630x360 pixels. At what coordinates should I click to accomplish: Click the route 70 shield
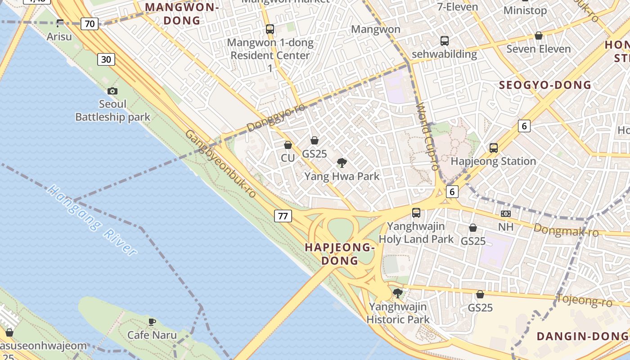tap(90, 24)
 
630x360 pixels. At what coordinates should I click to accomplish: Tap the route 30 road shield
tap(106, 59)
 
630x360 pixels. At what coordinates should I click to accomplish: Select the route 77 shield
tap(283, 216)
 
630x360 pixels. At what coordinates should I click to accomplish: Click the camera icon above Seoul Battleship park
tap(112, 91)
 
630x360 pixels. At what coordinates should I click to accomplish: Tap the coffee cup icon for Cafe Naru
tap(152, 322)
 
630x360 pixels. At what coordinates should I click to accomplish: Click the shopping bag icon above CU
tap(288, 145)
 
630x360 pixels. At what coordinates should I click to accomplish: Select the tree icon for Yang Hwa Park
tap(342, 163)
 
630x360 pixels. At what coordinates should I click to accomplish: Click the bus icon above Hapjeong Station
tap(494, 148)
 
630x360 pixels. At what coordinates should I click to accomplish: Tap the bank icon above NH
tap(506, 214)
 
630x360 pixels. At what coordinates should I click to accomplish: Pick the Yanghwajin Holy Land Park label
tap(416, 233)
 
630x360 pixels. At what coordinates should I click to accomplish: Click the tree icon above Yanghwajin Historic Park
tap(397, 293)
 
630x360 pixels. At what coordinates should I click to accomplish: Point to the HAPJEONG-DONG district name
tap(340, 254)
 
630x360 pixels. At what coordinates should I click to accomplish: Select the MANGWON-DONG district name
tap(182, 14)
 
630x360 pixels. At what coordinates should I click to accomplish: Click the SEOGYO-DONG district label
tap(545, 85)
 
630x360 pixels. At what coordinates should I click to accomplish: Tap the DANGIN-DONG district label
tap(582, 336)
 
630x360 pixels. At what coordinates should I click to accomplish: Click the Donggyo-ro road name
tap(276, 118)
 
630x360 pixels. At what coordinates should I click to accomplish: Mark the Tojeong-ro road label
tap(584, 300)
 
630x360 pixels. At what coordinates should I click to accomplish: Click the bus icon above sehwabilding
tap(445, 41)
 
